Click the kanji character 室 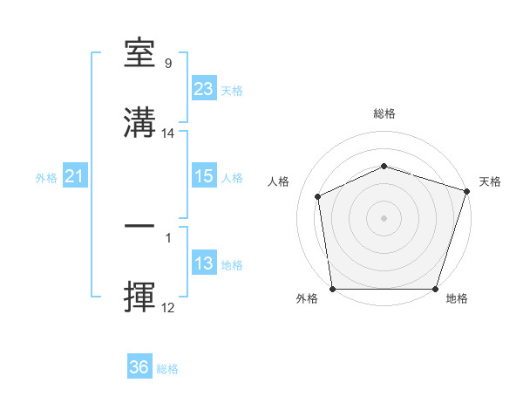(140, 55)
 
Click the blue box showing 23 (204, 89)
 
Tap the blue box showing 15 (204, 176)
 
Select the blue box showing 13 (204, 263)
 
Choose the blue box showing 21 (75, 177)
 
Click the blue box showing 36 (139, 367)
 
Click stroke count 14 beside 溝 (169, 133)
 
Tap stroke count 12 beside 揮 (168, 308)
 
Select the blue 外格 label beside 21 (46, 178)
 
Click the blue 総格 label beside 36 (168, 369)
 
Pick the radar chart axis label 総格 (384, 114)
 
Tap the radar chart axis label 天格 (490, 181)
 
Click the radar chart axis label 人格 (279, 181)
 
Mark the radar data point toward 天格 (466, 190)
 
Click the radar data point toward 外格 (332, 289)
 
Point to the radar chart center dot (384, 217)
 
